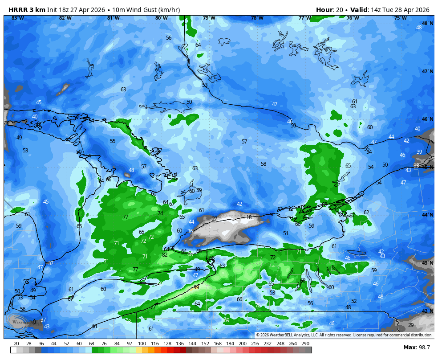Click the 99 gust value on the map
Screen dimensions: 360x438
(196, 287)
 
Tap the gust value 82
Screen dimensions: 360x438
(165, 255)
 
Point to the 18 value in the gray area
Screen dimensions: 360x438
(249, 217)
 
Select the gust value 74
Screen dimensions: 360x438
(160, 213)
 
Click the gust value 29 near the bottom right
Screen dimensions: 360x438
(411, 325)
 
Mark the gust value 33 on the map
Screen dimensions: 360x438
(416, 166)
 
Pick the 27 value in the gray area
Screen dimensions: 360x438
(215, 219)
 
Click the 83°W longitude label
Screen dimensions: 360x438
(18, 18)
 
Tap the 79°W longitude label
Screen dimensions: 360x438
(209, 18)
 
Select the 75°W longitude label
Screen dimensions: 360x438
(401, 18)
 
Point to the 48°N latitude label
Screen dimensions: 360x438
(427, 23)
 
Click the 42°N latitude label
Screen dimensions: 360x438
(427, 311)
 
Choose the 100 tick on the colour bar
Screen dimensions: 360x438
(142, 344)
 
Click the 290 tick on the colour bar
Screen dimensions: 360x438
(305, 344)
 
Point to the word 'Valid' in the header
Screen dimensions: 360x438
(359, 9)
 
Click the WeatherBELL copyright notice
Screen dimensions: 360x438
(344, 335)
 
